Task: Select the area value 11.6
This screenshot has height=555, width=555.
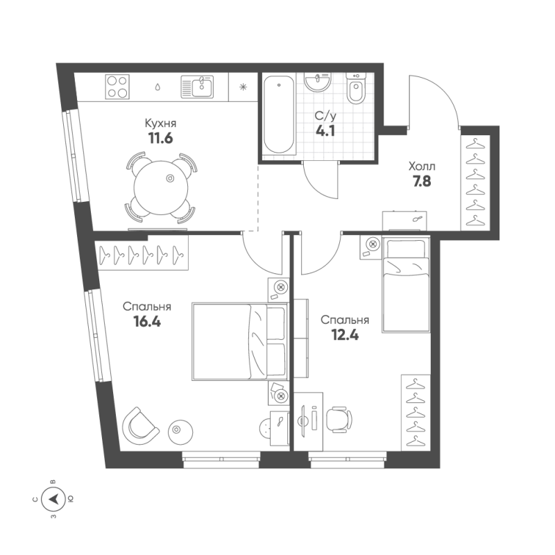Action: coord(160,137)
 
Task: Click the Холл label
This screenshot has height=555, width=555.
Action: coord(422,167)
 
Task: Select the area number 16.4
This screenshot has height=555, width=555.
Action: coord(147,321)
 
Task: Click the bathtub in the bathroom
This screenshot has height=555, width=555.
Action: coord(279,115)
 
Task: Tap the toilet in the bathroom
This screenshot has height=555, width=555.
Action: coord(357,92)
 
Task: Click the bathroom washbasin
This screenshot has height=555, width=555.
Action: coord(320,83)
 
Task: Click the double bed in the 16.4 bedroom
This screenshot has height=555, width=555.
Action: coord(239,341)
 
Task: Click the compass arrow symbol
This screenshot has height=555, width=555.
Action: coord(53,498)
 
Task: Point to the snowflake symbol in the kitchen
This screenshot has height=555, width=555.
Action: coord(243,87)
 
